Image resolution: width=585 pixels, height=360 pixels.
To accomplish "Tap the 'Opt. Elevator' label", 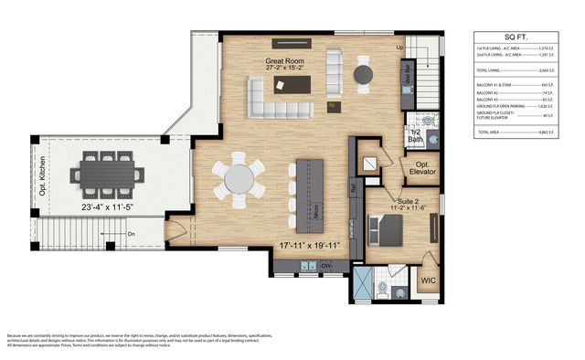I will click(x=422, y=171).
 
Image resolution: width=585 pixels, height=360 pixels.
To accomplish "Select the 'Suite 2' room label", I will click(x=408, y=198).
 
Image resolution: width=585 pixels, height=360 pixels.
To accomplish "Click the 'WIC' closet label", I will click(x=428, y=281).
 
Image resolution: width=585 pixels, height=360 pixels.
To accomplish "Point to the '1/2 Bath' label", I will click(x=414, y=136).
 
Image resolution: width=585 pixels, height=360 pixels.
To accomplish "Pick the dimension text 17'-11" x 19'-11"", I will click(x=313, y=244).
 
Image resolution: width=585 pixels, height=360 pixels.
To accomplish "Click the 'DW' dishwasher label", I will click(x=326, y=266).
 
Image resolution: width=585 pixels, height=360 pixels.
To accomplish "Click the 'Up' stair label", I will click(x=399, y=47).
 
